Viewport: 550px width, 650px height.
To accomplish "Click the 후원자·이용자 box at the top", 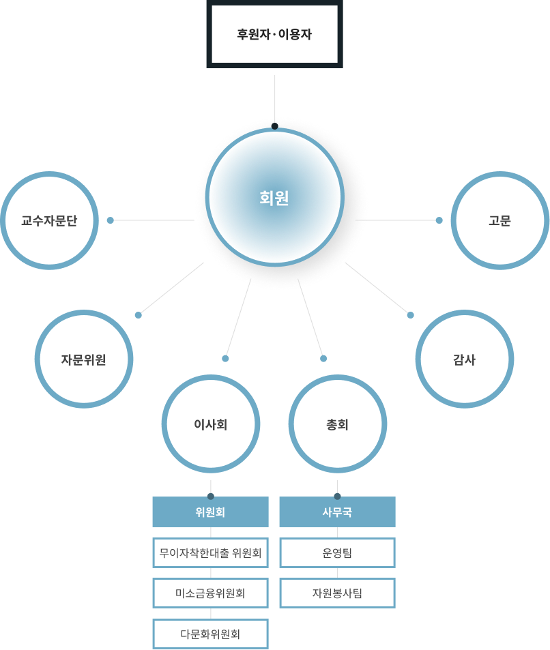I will click(274, 33).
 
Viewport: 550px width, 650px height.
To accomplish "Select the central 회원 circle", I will click(274, 198).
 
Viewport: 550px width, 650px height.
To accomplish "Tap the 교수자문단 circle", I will click(49, 220).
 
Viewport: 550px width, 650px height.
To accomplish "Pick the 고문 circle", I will click(500, 220).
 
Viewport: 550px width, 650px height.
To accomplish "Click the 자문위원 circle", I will click(84, 359).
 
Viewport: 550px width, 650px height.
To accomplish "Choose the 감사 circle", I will click(465, 359).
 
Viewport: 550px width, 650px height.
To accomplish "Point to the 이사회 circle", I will click(211, 424).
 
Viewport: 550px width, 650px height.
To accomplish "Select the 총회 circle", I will click(338, 424).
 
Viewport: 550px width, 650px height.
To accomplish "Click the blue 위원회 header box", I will click(210, 512).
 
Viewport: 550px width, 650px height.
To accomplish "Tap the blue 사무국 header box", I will click(337, 512).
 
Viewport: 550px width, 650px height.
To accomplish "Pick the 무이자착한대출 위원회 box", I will click(210, 553).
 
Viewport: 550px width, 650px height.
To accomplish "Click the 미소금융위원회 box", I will click(210, 593).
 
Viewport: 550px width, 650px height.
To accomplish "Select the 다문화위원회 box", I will click(210, 634).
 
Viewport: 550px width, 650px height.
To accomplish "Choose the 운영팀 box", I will click(337, 553).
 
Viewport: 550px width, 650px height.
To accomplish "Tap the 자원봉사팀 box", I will click(337, 593).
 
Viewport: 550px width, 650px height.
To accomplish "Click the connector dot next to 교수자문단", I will click(110, 220).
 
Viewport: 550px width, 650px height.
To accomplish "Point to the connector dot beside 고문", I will click(439, 220).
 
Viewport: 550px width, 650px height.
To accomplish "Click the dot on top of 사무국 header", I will click(337, 496).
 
